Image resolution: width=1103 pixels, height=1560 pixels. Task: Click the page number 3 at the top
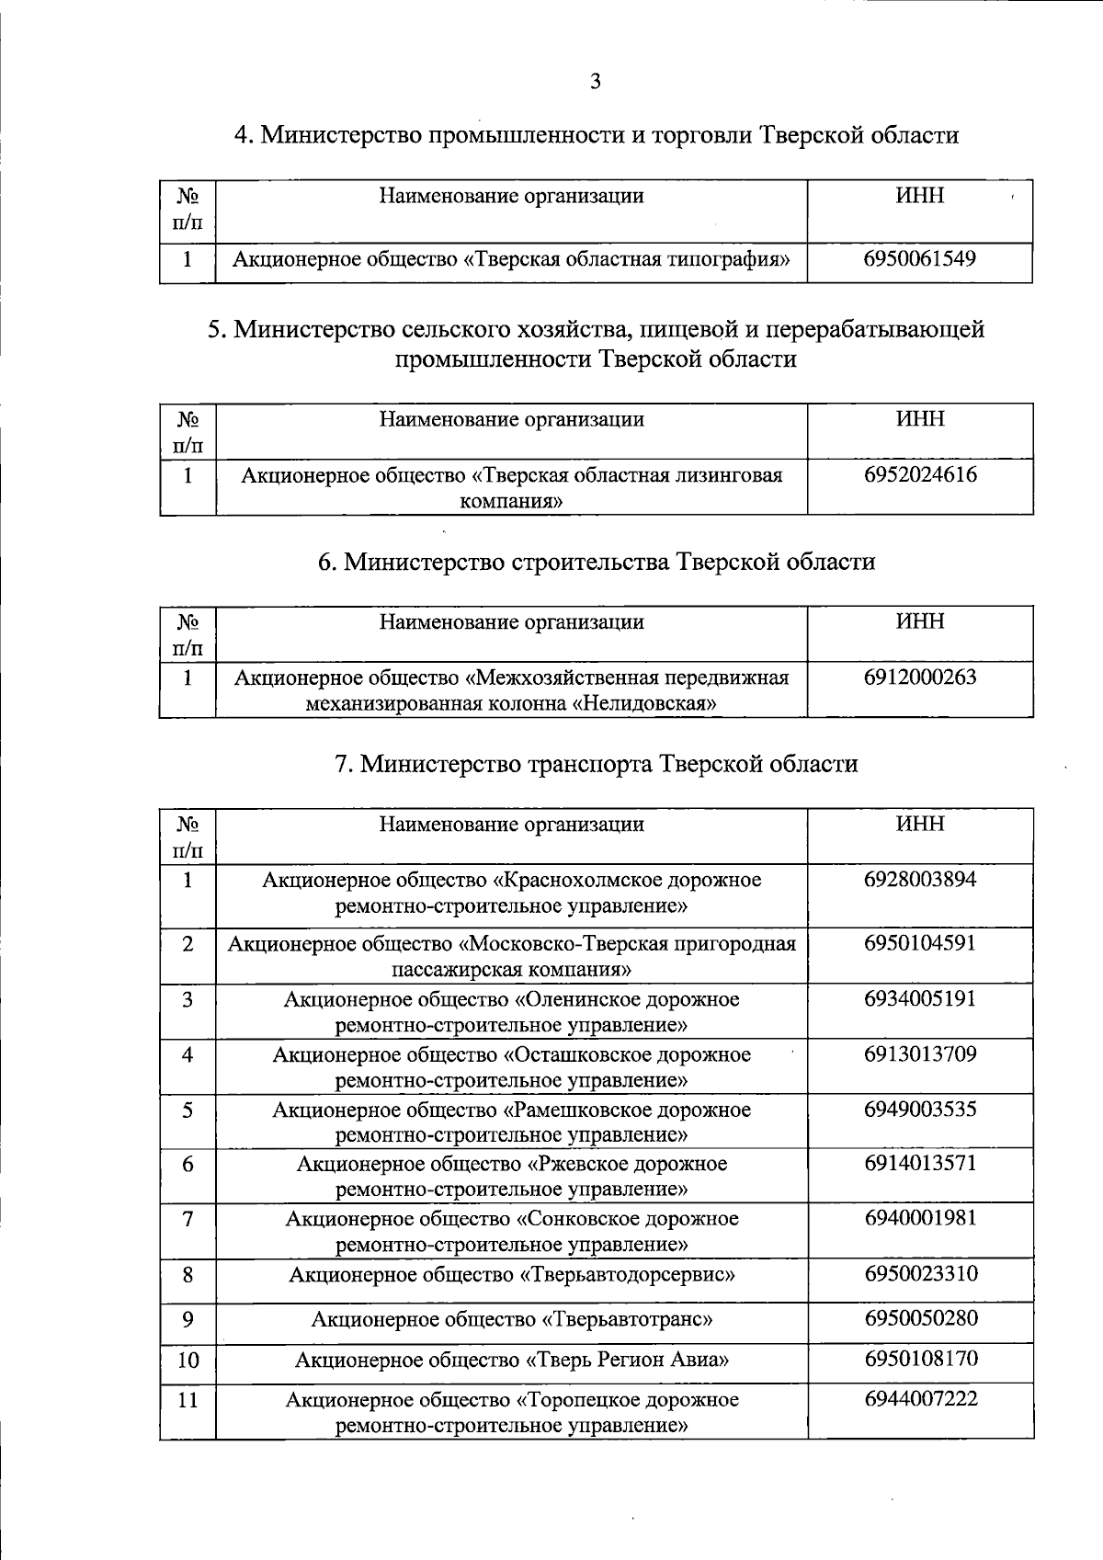(595, 82)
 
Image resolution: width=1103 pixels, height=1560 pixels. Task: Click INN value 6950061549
(919, 258)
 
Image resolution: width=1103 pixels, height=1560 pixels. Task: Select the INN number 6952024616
(920, 475)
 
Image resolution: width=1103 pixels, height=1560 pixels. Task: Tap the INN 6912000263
(920, 678)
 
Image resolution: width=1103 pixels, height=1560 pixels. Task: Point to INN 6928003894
(920, 880)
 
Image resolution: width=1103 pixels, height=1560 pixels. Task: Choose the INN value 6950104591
(920, 943)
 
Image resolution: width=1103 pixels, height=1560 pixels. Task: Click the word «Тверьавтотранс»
(627, 1320)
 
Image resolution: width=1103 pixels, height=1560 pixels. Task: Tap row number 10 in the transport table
(188, 1361)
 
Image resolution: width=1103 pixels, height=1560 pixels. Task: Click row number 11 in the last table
(188, 1401)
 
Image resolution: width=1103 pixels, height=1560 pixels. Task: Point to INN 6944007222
(920, 1399)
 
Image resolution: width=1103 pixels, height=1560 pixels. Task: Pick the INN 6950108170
(920, 1359)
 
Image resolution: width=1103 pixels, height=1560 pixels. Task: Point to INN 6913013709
(920, 1054)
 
